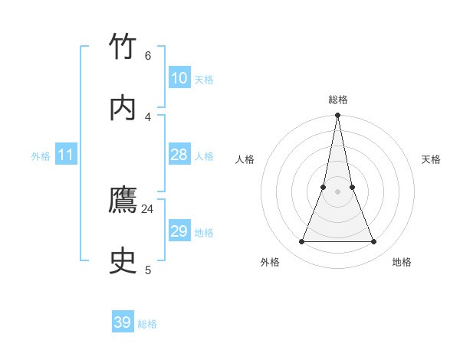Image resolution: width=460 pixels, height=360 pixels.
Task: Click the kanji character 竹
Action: click(x=123, y=47)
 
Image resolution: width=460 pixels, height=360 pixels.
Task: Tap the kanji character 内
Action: click(x=123, y=107)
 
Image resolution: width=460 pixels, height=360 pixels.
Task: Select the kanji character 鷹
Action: click(x=123, y=200)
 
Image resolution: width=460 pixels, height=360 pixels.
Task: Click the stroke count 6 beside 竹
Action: click(x=148, y=55)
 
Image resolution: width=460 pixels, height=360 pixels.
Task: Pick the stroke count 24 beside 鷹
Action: click(x=148, y=208)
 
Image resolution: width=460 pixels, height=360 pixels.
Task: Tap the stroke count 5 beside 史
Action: click(x=148, y=270)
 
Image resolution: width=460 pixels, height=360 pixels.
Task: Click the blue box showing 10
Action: click(x=179, y=78)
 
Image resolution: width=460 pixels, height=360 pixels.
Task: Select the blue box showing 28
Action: click(x=179, y=155)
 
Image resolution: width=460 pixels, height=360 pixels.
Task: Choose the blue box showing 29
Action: click(x=179, y=231)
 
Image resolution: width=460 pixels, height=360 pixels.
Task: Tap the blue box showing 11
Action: click(x=66, y=155)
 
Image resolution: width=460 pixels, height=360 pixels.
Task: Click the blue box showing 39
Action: click(x=123, y=322)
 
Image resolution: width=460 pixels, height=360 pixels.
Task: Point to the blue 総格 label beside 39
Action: click(x=147, y=324)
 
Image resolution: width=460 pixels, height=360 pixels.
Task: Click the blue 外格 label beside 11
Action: click(x=41, y=156)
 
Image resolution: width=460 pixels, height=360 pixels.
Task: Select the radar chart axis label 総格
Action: click(x=338, y=100)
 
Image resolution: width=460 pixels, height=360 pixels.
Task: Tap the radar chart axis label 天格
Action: click(x=432, y=159)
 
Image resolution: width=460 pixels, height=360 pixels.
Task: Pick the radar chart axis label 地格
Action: click(x=402, y=262)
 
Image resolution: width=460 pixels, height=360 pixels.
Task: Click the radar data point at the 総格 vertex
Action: click(x=338, y=116)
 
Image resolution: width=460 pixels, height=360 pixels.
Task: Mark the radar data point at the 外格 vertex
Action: click(x=302, y=242)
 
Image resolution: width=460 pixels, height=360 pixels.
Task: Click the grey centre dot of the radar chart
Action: click(x=338, y=191)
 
